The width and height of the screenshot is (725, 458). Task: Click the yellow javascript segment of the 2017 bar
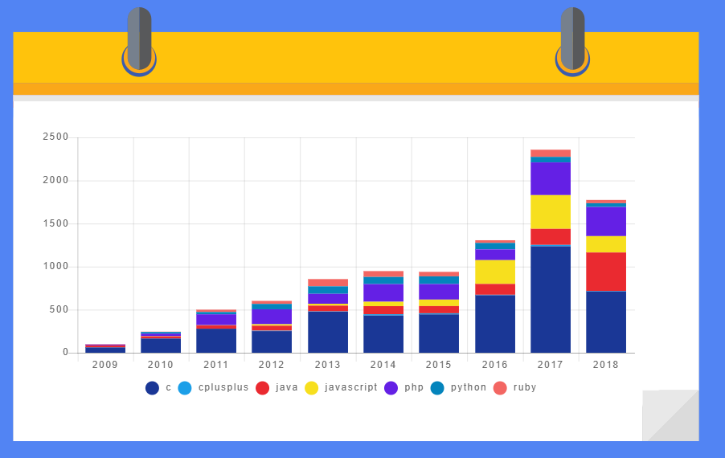tap(551, 211)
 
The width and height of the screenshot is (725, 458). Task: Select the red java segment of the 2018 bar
tap(606, 272)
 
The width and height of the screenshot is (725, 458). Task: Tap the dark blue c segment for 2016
tap(495, 324)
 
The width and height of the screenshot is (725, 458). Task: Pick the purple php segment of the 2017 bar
tap(551, 178)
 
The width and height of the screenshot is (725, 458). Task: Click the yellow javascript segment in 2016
tap(495, 272)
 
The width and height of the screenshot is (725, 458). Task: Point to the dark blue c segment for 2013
tap(328, 332)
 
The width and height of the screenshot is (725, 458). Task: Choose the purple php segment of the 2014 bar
tap(383, 292)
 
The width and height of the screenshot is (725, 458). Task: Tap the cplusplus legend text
tap(223, 387)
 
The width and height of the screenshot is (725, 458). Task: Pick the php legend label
tap(414, 387)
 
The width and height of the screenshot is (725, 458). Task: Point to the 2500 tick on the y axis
tap(55, 137)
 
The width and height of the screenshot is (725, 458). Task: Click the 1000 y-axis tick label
tap(55, 267)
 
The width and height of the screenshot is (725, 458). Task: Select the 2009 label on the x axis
tap(105, 365)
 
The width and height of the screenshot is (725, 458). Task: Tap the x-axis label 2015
tap(439, 365)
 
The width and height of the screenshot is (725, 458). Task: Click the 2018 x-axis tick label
tap(606, 365)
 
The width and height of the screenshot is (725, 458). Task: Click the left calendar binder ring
tap(139, 40)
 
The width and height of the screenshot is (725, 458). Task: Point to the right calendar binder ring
tap(572, 40)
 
